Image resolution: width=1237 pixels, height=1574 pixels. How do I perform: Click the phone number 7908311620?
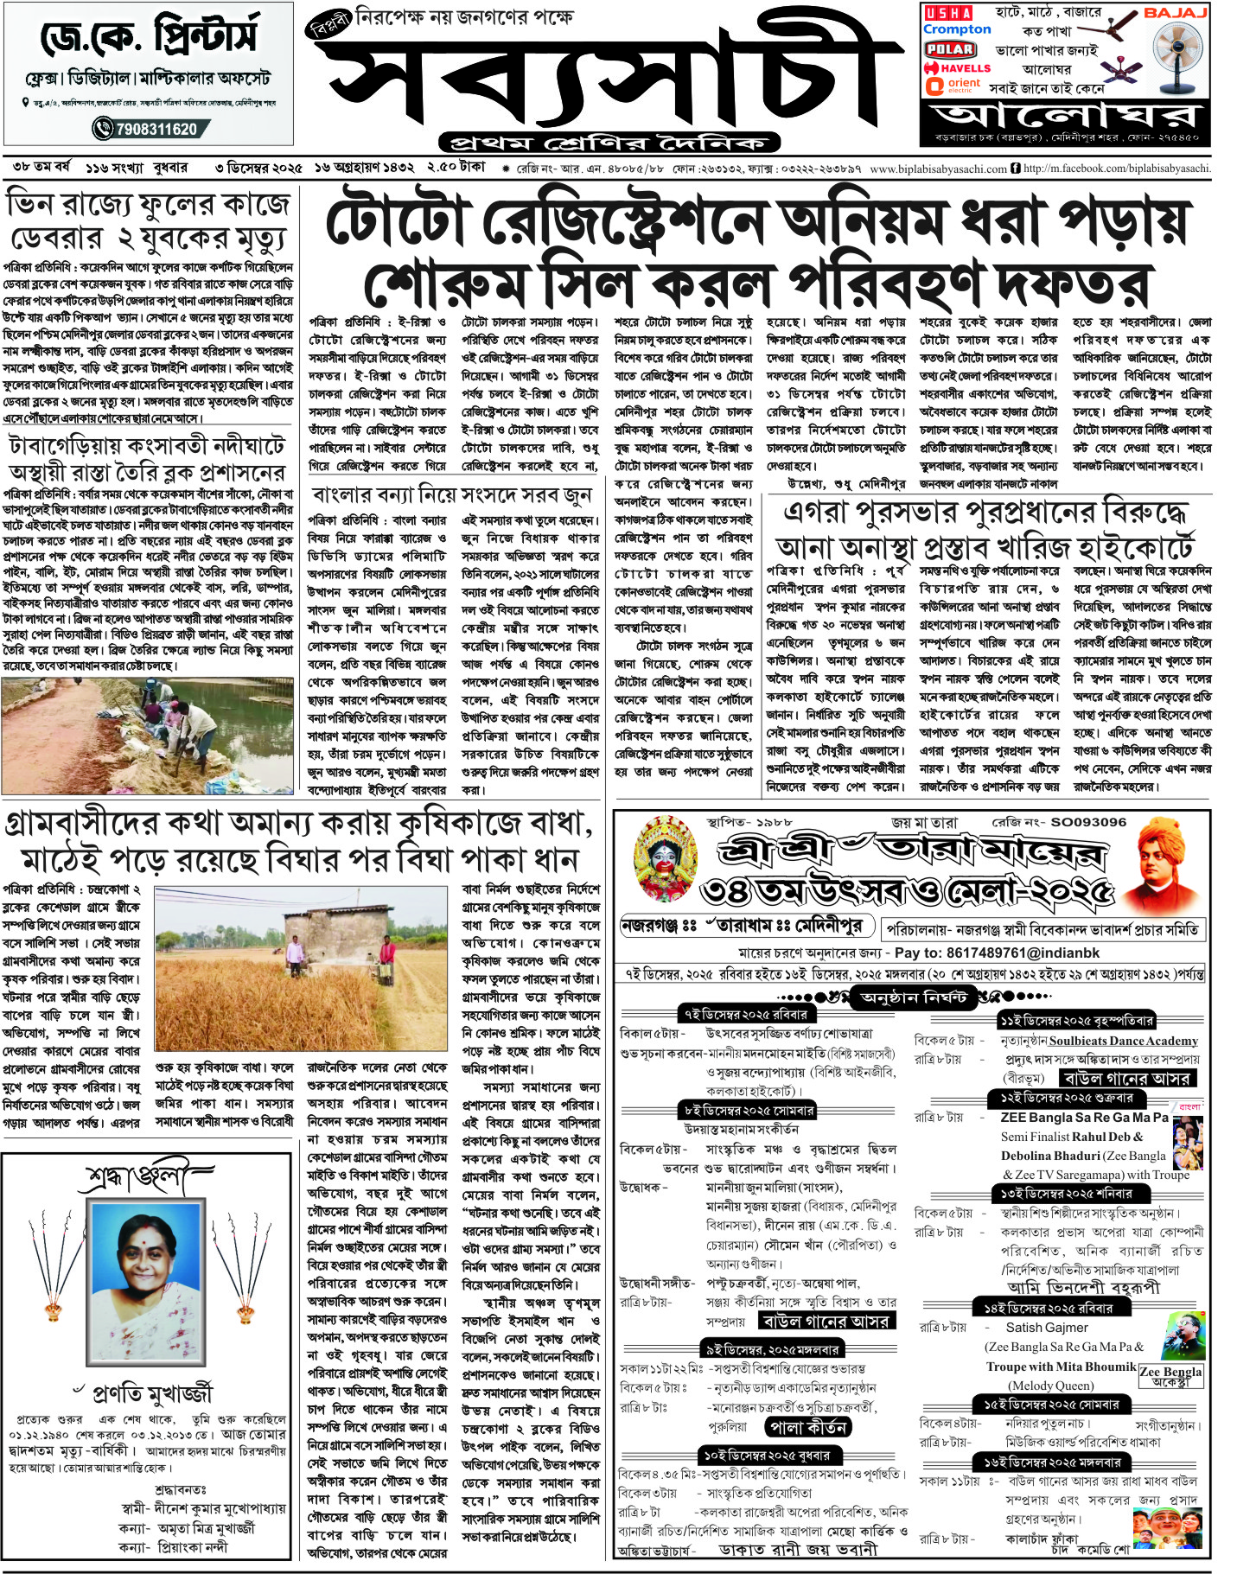149,130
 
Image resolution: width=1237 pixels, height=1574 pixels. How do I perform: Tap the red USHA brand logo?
948,12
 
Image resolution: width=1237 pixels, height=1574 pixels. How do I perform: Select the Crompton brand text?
956,29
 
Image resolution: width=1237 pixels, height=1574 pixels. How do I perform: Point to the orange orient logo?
953,85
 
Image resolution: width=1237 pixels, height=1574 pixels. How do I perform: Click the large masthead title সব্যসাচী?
605,82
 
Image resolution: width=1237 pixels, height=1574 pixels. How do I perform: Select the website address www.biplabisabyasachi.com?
938,169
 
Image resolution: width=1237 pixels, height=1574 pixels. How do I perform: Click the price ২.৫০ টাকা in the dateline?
456,166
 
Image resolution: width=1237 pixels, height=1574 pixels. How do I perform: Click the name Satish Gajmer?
1047,1327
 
